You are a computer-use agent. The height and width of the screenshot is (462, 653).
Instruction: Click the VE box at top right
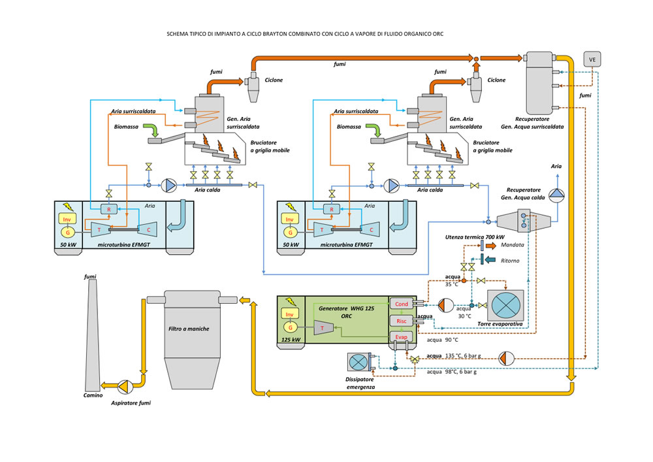click(592, 60)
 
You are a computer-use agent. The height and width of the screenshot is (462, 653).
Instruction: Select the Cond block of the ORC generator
click(401, 304)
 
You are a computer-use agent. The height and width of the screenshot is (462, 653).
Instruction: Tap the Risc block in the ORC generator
click(401, 321)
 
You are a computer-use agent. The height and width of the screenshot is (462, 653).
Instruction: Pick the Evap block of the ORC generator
click(401, 337)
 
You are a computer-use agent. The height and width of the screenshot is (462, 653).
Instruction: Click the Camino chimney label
click(93, 395)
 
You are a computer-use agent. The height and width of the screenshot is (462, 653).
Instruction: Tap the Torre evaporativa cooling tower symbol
click(505, 305)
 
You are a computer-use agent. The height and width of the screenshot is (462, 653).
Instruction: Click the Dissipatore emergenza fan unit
click(358, 363)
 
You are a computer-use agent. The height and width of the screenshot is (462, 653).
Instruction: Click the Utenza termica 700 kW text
click(475, 236)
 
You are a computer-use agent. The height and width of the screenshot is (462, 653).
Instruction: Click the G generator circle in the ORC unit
click(288, 325)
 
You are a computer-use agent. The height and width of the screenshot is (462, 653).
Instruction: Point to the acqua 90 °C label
click(443, 340)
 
